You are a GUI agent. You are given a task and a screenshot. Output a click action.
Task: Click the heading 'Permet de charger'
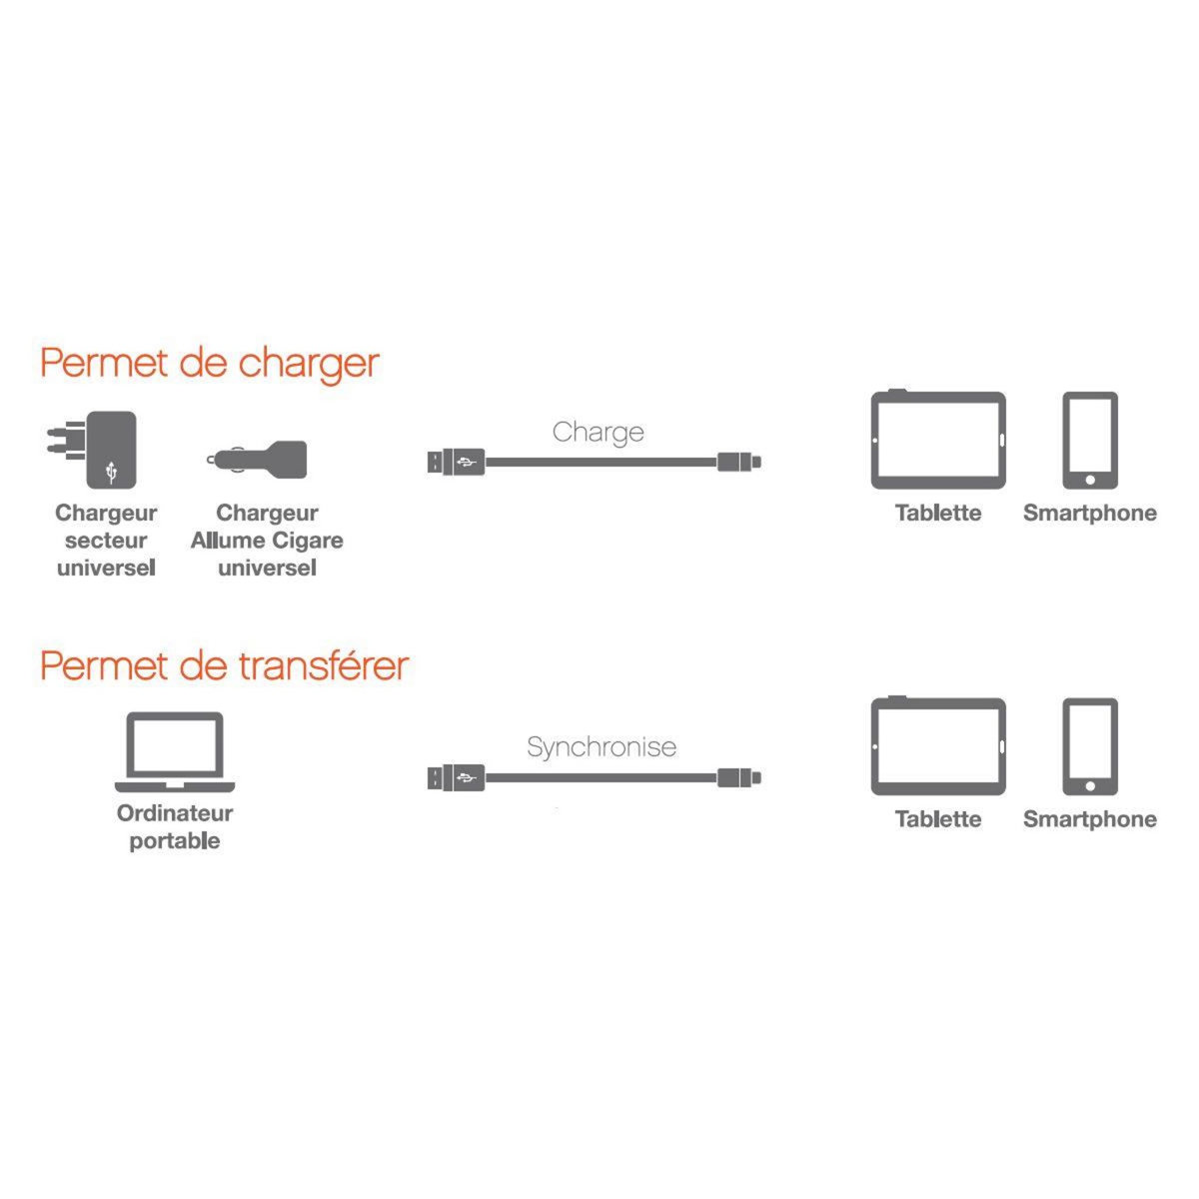coord(210,363)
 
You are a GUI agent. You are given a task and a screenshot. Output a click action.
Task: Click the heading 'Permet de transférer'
coord(225,665)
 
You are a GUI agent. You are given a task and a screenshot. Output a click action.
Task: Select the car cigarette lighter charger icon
coord(260,460)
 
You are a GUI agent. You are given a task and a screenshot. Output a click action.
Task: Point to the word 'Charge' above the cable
coord(598,433)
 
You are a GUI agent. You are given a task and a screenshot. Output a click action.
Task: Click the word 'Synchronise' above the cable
coord(601,746)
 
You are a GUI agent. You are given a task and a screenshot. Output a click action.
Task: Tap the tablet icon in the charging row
coord(938,440)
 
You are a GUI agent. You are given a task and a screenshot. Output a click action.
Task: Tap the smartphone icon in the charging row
coord(1089,440)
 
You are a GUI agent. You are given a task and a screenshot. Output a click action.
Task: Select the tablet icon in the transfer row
coord(938,746)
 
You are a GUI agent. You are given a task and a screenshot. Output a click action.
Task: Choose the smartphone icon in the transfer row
coord(1089,746)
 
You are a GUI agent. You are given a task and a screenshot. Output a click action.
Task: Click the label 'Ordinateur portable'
coord(175,827)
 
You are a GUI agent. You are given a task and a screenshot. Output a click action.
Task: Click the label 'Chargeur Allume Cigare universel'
coord(267,541)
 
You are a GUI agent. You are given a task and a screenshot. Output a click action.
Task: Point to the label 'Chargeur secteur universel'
coord(106,541)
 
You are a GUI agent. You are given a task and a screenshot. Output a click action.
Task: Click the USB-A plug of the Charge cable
coord(456,463)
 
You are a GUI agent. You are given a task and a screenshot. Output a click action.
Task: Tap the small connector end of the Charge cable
coord(739,462)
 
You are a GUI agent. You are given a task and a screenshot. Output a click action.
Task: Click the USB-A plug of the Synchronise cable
coord(456,777)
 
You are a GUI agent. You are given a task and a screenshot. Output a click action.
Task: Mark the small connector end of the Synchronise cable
coord(739,777)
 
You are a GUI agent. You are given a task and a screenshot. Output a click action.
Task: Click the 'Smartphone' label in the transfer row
coord(1089,819)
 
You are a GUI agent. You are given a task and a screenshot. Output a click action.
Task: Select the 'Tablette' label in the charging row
coord(938,514)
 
